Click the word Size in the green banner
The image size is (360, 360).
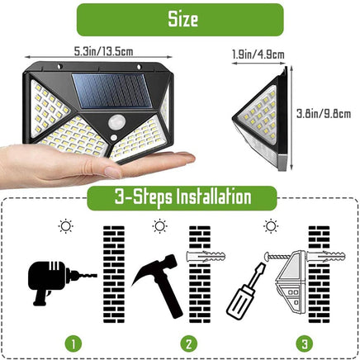point(179,19)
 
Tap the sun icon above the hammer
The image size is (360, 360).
point(159,226)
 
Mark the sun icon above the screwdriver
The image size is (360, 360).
point(269,225)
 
